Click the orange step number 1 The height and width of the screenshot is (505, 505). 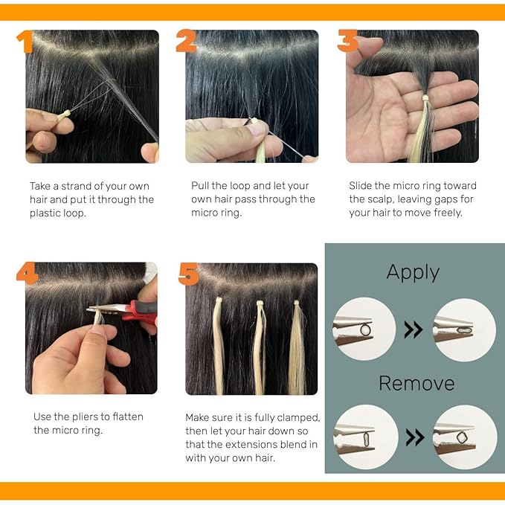pyautogui.click(x=25, y=42)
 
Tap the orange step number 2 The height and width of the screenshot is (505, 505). pyautogui.click(x=186, y=41)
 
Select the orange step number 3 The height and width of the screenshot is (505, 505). pyautogui.click(x=347, y=41)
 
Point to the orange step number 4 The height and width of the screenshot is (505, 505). pyautogui.click(x=27, y=273)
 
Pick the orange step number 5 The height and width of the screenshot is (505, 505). pyautogui.click(x=188, y=274)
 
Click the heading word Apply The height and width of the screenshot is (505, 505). pyautogui.click(x=413, y=273)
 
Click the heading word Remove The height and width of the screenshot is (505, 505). pyautogui.click(x=416, y=383)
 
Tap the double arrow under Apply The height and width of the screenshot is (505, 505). pyautogui.click(x=414, y=329)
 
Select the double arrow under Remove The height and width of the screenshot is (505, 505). pyautogui.click(x=415, y=437)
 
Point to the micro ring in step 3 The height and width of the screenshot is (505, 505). pyautogui.click(x=425, y=97)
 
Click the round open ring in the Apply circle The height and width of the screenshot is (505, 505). pyautogui.click(x=365, y=329)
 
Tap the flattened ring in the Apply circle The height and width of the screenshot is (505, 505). pyautogui.click(x=464, y=330)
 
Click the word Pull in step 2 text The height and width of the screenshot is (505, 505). pyautogui.click(x=200, y=185)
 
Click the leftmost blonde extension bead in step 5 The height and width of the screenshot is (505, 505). pyautogui.click(x=219, y=300)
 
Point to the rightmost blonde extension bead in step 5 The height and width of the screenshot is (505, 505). pyautogui.click(x=296, y=303)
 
